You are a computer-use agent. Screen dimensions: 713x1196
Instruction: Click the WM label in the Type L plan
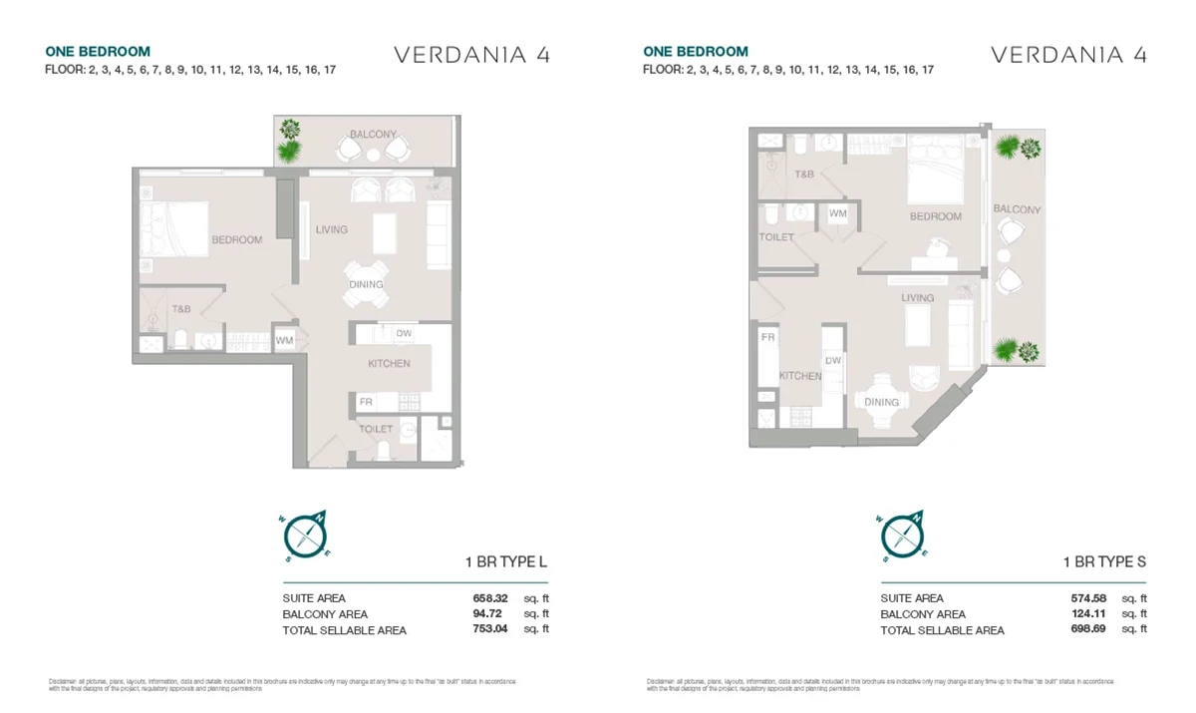coord(284,341)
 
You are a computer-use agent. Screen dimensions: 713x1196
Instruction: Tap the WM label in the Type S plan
coord(838,213)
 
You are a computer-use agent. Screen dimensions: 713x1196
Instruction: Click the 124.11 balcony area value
coord(1086,614)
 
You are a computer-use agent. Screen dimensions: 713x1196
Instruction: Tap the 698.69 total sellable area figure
coord(1086,630)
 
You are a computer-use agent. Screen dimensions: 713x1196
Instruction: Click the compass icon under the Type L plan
coord(307,535)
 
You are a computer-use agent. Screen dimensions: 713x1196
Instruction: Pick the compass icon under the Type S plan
coord(904,535)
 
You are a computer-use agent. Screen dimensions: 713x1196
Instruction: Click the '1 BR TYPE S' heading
coord(1103,562)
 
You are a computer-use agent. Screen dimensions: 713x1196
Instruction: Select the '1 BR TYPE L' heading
coord(506,562)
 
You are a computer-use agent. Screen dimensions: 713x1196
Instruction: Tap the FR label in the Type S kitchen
coord(768,338)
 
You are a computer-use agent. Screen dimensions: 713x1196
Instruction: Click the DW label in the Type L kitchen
coord(404,334)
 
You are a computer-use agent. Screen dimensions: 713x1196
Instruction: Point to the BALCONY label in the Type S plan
coord(1017,209)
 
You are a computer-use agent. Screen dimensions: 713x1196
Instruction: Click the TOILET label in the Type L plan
coord(376,429)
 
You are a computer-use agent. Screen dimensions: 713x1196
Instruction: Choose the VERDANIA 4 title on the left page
coord(471,55)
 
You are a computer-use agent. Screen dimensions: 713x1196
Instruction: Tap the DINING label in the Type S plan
coord(881,402)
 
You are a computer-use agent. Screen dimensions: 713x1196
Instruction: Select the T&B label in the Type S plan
coord(803,175)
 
